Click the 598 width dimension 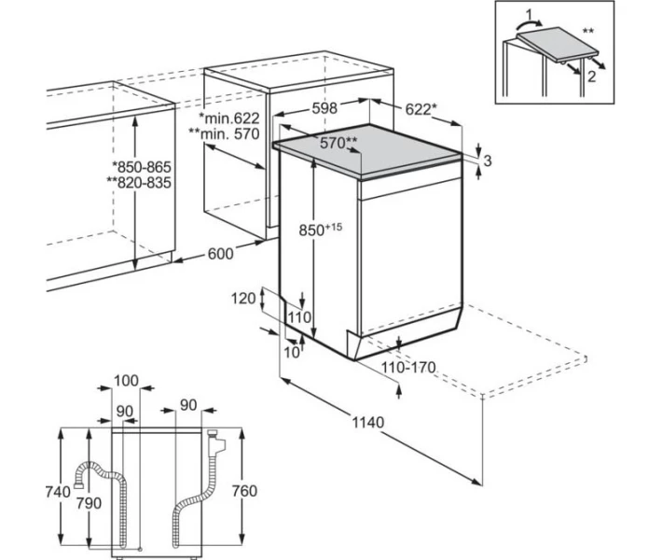point(324,108)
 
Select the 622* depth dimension point(419,109)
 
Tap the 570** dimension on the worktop point(338,143)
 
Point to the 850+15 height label point(321,230)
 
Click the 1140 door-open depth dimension point(368,422)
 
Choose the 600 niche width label point(220,254)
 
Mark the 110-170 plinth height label point(408,368)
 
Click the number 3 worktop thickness point(488,161)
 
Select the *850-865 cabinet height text point(142,167)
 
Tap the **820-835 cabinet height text point(139,183)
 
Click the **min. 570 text point(224,134)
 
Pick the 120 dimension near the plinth point(243,299)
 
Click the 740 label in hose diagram point(58,492)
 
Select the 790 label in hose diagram point(89,503)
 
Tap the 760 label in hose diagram point(244,491)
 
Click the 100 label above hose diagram point(126,381)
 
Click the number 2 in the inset point(591,77)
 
